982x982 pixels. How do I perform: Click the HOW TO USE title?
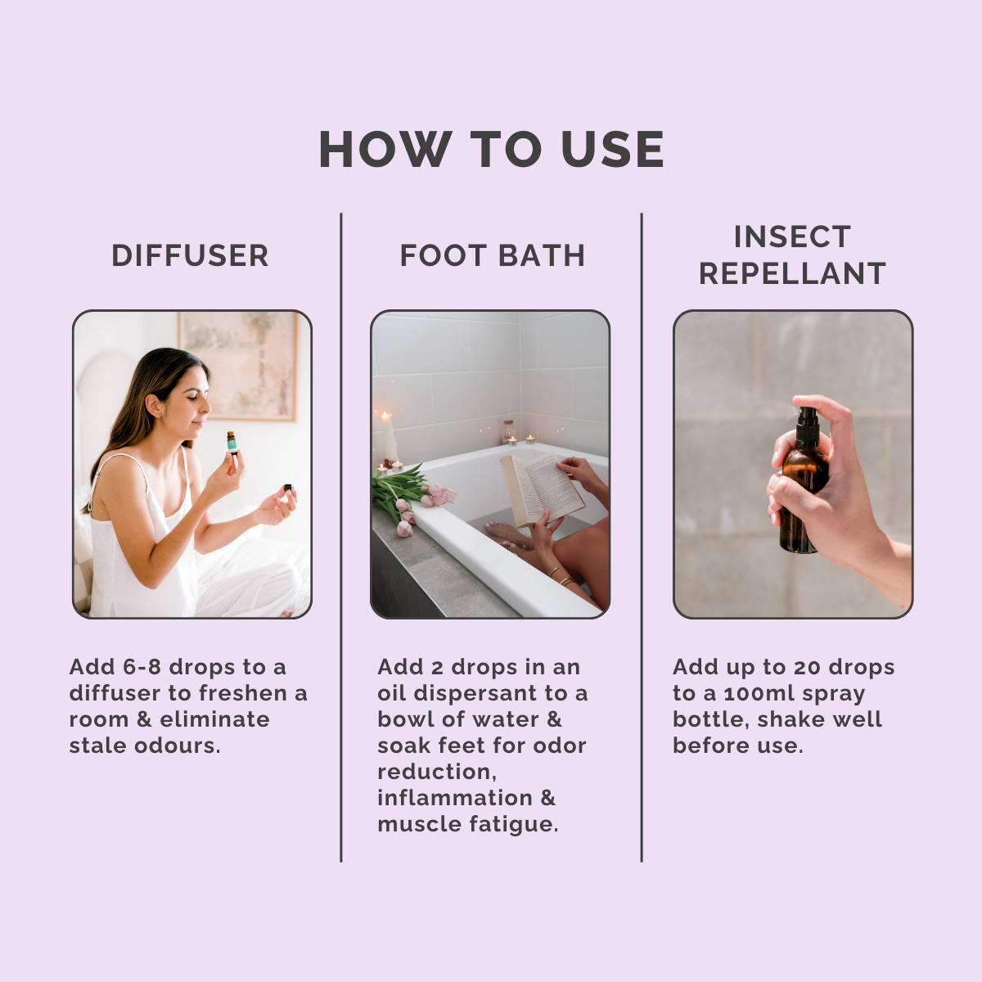coord(491,150)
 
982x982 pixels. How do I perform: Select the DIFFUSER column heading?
coord(190,255)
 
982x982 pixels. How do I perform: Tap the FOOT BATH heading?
coord(492,255)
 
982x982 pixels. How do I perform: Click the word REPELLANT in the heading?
coord(792,273)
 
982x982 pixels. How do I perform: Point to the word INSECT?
coord(792,236)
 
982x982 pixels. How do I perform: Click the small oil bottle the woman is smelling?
coord(232,443)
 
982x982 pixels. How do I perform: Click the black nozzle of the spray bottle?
coord(806,420)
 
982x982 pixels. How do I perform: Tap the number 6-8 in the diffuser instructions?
coord(142,667)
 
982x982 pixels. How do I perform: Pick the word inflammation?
coord(455,798)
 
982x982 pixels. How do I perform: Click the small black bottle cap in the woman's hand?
coord(287,488)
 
